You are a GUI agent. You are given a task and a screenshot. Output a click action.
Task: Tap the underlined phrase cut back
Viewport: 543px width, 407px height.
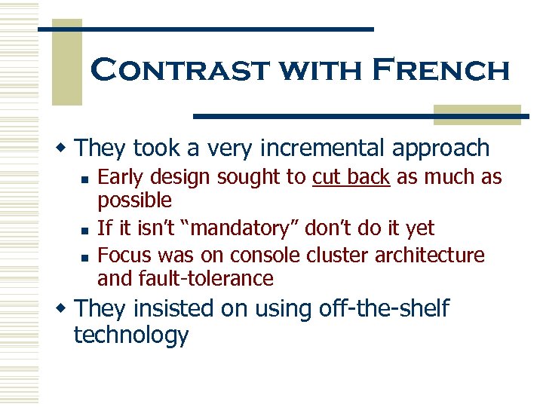click(x=351, y=177)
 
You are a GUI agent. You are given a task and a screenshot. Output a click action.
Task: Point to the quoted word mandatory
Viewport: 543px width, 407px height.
click(x=250, y=228)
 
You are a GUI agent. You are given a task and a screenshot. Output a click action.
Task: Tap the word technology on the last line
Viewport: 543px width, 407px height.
click(x=130, y=335)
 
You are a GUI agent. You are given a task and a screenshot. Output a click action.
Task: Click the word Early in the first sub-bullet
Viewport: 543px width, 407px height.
click(x=120, y=177)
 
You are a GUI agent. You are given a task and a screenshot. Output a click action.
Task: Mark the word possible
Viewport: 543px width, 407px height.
click(x=134, y=200)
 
